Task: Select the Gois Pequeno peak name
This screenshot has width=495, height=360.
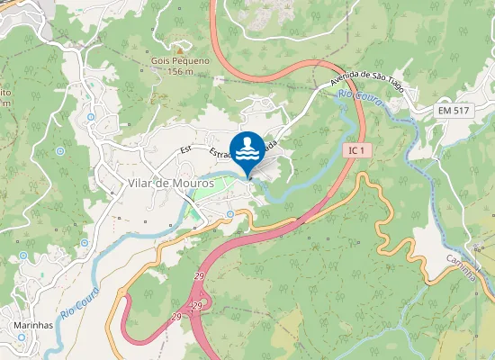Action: tap(180, 60)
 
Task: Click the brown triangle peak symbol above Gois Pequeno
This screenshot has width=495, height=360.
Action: tap(180, 51)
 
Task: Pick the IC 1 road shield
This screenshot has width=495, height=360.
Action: tap(355, 152)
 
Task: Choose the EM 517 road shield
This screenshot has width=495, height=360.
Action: tap(455, 109)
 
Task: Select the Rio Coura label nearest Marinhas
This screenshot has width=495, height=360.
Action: tap(78, 308)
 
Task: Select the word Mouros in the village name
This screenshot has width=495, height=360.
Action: tap(184, 183)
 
